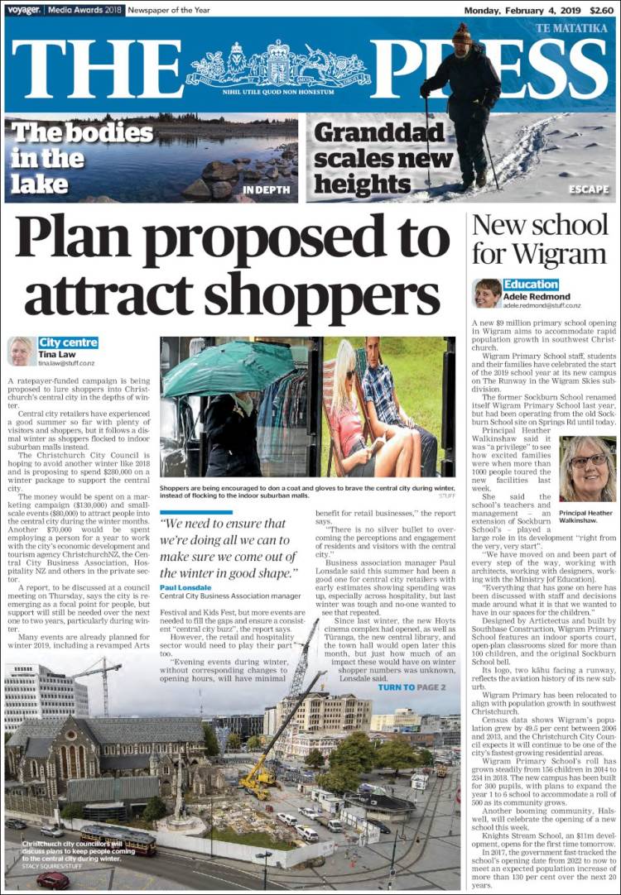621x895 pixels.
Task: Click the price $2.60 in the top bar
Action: point(602,11)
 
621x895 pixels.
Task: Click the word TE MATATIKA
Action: point(571,28)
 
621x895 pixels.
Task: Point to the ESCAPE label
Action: point(589,189)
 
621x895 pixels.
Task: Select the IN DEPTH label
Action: point(267,189)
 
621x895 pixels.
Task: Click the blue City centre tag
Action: point(68,342)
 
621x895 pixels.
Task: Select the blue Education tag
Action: point(531,285)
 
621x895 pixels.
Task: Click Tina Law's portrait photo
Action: point(21,351)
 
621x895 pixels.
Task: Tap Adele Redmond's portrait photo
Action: point(487,293)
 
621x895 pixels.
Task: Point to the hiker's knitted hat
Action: point(462,33)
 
